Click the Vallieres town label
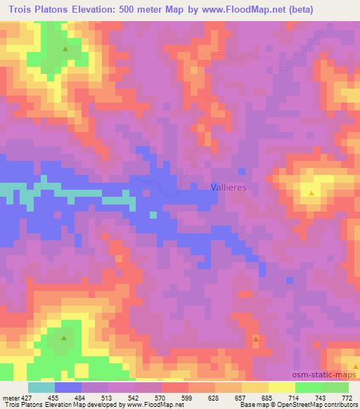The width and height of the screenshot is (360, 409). (x=229, y=188)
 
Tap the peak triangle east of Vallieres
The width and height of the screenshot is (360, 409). (x=311, y=190)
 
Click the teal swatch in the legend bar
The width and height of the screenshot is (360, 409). (x=41, y=387)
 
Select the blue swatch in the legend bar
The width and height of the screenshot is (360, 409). (x=67, y=387)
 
